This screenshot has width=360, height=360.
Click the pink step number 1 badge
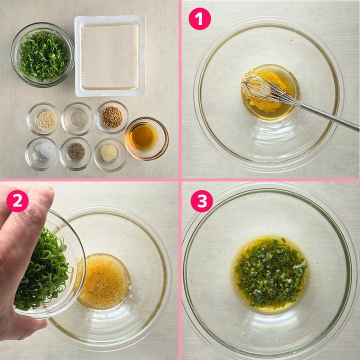(199, 19)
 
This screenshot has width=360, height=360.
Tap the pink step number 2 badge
(17, 201)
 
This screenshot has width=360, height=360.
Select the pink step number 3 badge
(202, 201)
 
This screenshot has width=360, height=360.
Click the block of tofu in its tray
(110, 56)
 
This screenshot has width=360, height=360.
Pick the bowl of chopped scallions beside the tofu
(42, 54)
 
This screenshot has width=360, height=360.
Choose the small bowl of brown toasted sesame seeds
(112, 117)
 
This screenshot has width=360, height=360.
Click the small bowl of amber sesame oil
(146, 138)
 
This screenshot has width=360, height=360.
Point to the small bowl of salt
(41, 153)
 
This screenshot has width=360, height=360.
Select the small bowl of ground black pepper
(76, 153)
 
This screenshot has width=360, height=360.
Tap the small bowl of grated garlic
(110, 154)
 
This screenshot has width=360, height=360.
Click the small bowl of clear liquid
(78, 118)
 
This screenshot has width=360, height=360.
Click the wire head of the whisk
(264, 88)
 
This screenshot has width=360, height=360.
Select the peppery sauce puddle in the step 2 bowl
(104, 281)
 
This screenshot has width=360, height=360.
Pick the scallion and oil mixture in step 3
(270, 272)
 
